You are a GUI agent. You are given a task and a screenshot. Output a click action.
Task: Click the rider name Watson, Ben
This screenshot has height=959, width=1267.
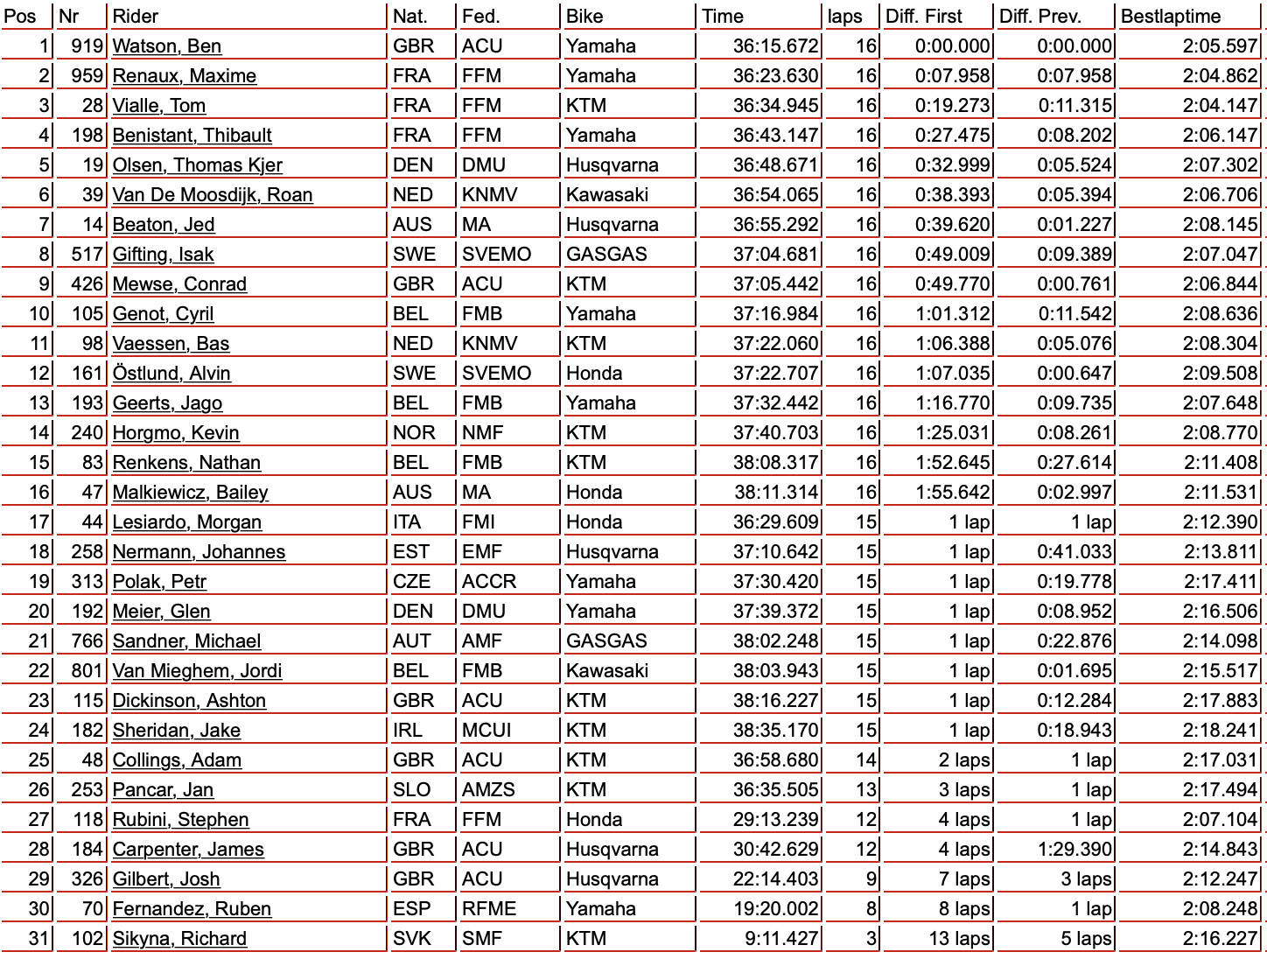pos(166,46)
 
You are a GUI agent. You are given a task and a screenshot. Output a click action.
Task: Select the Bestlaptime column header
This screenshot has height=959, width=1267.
pos(1171,17)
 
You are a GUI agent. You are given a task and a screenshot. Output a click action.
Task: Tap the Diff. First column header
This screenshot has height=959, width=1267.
pos(923,17)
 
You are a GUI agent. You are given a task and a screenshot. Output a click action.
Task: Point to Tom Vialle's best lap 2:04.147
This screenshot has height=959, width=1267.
pos(1220,106)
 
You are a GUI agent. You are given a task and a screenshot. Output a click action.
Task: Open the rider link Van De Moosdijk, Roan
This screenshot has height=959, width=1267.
pos(212,195)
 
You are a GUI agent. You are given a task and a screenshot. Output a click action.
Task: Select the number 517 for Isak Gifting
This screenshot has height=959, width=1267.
pos(87,255)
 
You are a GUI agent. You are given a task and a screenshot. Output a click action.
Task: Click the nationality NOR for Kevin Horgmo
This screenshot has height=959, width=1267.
pos(414,433)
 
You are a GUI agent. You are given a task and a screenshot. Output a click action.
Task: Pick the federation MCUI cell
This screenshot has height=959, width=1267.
pos(486,731)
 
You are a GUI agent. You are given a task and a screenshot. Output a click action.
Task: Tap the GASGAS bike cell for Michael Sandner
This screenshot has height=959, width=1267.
pos(606,641)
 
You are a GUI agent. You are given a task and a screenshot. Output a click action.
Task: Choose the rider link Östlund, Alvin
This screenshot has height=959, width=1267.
pos(171,374)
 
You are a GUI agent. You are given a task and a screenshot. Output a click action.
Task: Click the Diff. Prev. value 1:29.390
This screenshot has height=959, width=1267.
pos(1074,850)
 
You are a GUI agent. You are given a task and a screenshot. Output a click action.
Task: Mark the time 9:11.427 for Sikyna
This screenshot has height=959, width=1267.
pos(781,939)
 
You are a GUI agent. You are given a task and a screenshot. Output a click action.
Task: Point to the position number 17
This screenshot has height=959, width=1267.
pos(38,522)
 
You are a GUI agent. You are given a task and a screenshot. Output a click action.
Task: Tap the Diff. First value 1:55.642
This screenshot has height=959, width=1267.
pos(953,493)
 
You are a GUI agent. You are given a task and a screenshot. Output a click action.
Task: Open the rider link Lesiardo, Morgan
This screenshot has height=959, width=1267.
pos(186,522)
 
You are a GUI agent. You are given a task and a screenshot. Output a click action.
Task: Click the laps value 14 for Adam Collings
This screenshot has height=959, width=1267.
pos(865,760)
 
